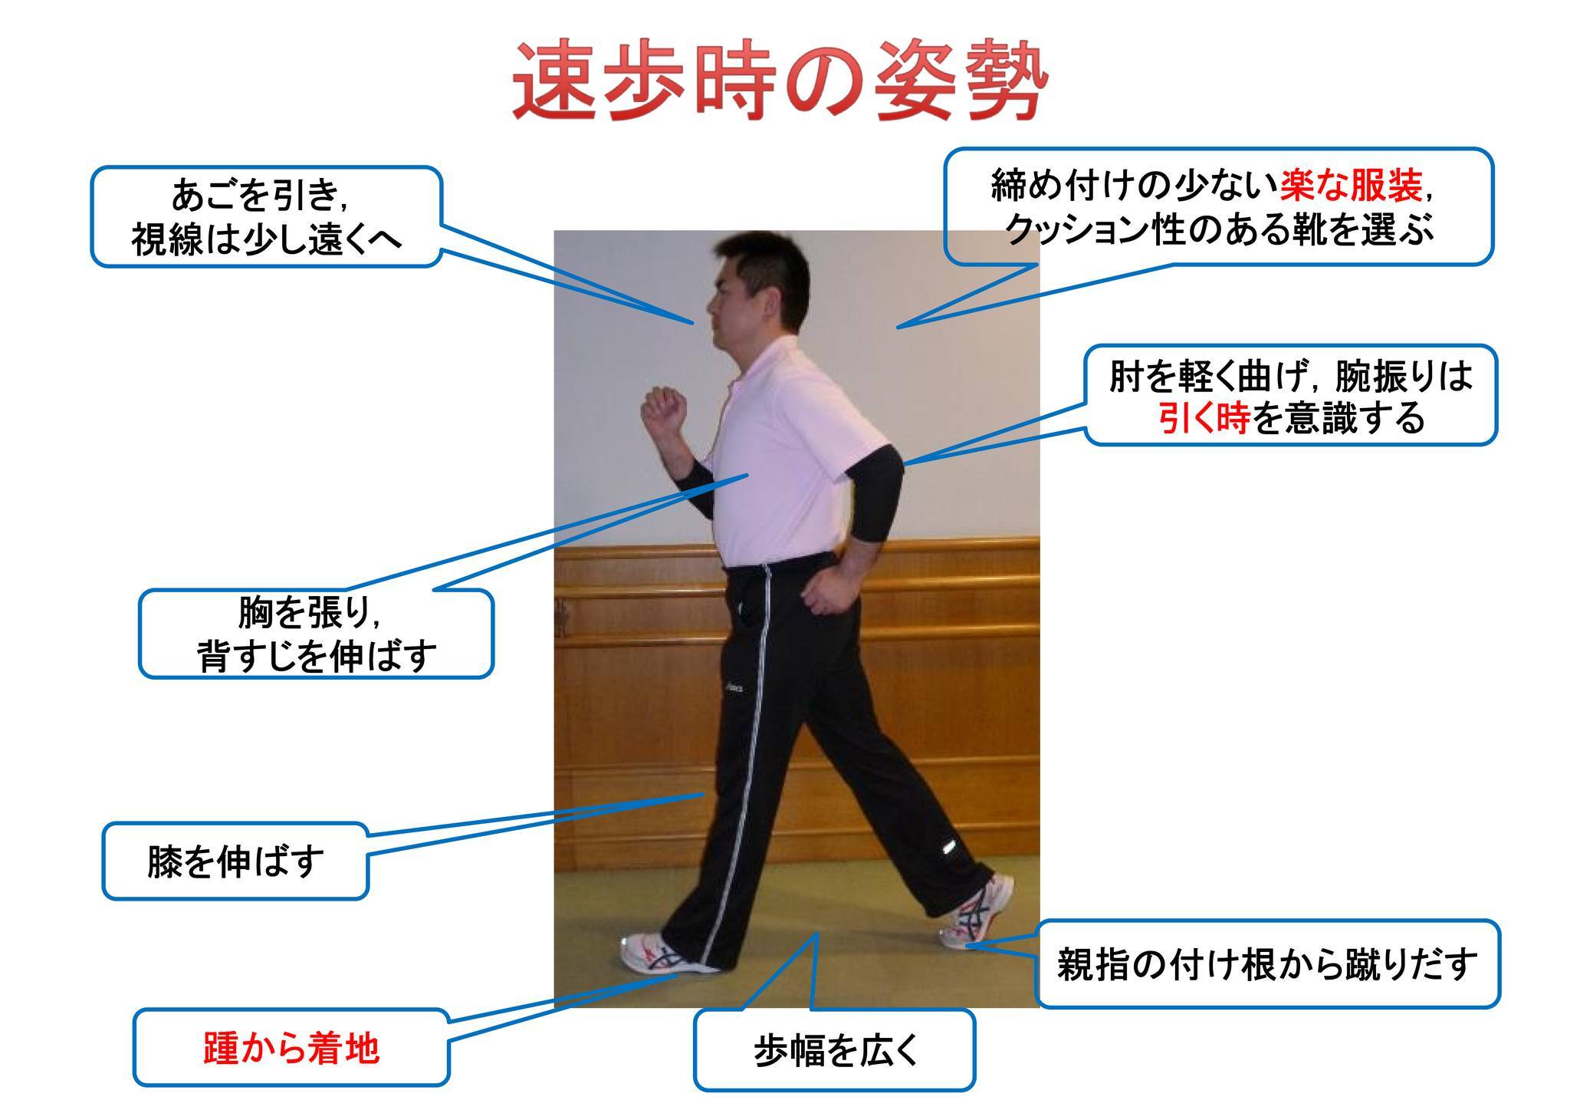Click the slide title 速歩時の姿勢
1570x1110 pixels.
click(x=779, y=81)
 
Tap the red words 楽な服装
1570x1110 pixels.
click(x=1351, y=185)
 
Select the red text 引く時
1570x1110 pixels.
click(x=1204, y=418)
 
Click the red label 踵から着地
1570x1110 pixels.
click(x=291, y=1049)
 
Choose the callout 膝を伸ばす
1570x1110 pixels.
click(x=235, y=861)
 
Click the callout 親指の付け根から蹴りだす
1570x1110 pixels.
click(x=1267, y=963)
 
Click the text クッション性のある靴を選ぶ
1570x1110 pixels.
click(x=1219, y=229)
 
